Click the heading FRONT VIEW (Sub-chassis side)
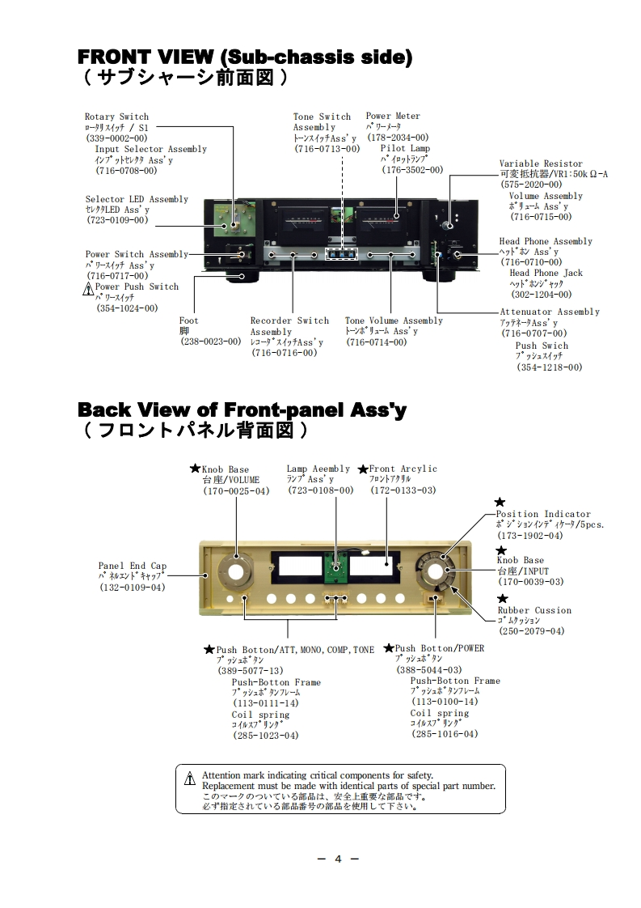point(244,57)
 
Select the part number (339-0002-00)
point(116,138)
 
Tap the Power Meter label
point(393,117)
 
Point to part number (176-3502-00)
point(412,170)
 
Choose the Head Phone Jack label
point(546,274)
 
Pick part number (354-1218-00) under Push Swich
point(549,367)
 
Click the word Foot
point(188,321)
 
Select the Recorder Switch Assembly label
point(289,326)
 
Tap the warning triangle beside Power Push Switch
point(89,288)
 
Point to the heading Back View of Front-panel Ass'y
point(242,410)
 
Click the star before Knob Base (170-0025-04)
point(194,469)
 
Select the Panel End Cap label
point(133,566)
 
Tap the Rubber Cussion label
point(534,611)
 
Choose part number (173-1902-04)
point(530,536)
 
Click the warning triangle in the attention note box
point(189,779)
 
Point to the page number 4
point(339,859)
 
